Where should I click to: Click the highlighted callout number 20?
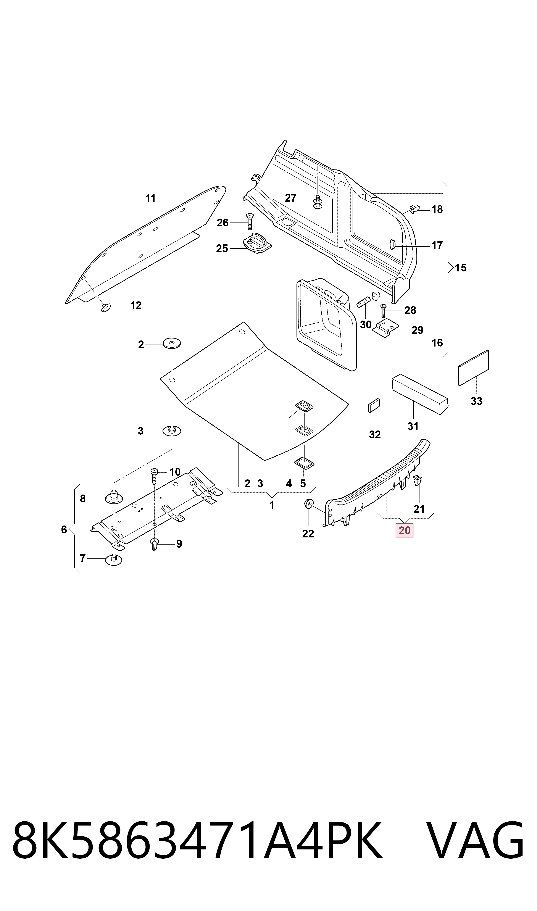(404, 530)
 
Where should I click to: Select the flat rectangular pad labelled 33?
(474, 368)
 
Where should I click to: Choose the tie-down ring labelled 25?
(258, 243)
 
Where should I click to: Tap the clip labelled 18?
(415, 208)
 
